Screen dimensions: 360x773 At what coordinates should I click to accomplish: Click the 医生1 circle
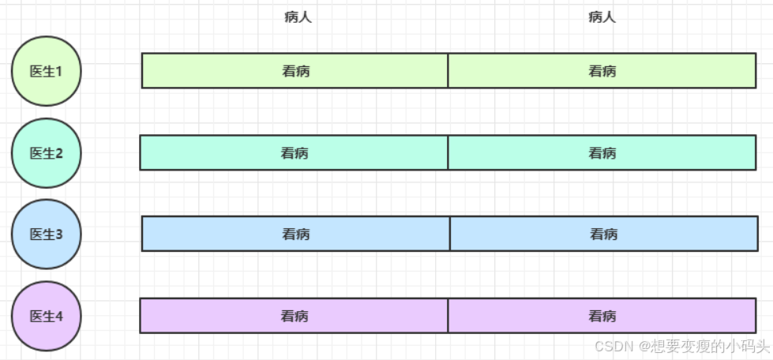(x=46, y=71)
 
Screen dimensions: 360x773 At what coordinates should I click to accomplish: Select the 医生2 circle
(x=46, y=153)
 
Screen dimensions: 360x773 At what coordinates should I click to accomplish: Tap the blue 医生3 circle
(x=46, y=234)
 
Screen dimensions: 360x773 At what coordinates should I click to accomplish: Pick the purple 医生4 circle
(x=46, y=317)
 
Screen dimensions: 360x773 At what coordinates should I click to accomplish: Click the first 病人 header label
(x=298, y=17)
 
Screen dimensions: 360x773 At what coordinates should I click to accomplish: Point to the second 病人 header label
(x=602, y=17)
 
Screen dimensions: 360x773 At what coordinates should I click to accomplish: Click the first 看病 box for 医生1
(x=295, y=71)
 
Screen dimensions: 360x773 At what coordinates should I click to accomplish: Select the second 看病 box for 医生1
(x=602, y=71)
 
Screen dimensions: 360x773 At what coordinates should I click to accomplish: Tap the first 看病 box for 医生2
(x=295, y=153)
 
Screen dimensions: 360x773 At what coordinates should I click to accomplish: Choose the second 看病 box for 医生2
(x=602, y=153)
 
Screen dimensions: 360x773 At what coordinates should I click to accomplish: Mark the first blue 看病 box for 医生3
(x=296, y=234)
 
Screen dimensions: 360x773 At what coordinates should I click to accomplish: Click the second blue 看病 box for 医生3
(x=603, y=234)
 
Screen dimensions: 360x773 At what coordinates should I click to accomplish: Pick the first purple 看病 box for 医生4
(x=295, y=317)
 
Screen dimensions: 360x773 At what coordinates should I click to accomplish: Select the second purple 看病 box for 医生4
(x=602, y=317)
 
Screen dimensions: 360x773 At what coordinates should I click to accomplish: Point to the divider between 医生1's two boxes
(x=448, y=71)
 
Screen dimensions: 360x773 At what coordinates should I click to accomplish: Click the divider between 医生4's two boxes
(x=448, y=317)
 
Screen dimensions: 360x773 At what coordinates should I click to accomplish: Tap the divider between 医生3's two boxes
(x=449, y=234)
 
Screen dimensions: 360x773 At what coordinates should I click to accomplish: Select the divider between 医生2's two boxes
(x=448, y=153)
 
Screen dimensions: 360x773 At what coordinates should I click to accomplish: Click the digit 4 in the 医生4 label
(x=58, y=317)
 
